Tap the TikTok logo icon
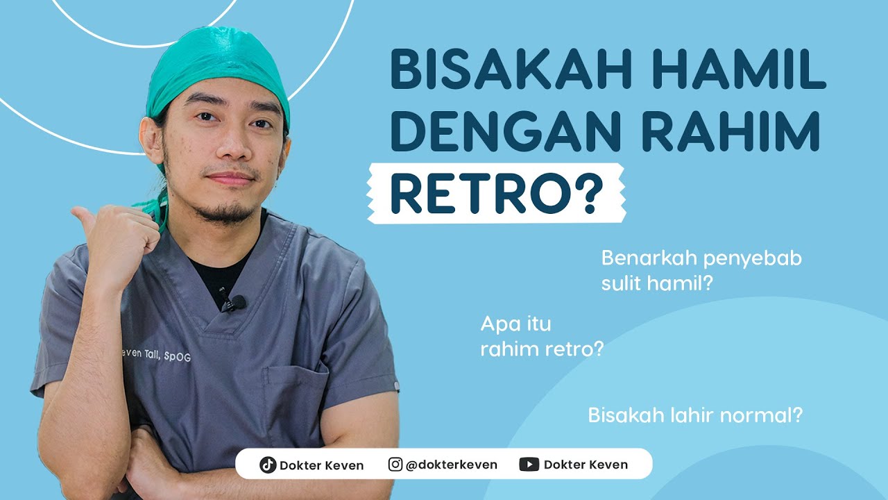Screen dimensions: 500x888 [x=268, y=465]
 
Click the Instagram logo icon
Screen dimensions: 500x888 [x=395, y=464]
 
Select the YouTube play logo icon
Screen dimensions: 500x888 [x=529, y=464]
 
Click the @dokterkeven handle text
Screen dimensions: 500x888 [x=451, y=465]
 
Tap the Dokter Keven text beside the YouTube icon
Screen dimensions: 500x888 [x=586, y=465]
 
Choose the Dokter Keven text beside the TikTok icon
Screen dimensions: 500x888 [x=321, y=465]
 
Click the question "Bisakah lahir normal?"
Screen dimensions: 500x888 [x=695, y=416]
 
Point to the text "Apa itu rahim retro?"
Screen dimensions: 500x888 [x=541, y=336]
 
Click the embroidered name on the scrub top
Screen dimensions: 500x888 [x=155, y=354]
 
